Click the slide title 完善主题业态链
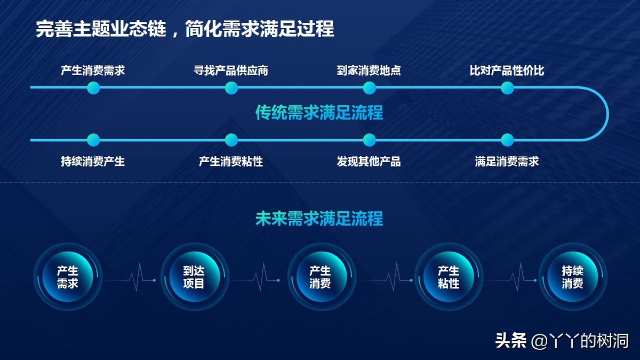(x=101, y=29)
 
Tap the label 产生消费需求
(x=93, y=70)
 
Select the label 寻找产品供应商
(x=231, y=70)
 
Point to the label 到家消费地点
(x=369, y=70)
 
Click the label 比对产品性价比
(x=507, y=70)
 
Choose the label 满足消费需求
(x=507, y=161)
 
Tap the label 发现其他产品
(x=369, y=161)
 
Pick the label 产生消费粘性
(x=231, y=161)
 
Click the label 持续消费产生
(x=93, y=161)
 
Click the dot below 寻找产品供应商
(x=231, y=87)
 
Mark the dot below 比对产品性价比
(x=507, y=87)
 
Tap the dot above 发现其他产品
(x=370, y=140)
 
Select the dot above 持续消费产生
(x=93, y=140)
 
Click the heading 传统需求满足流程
(x=319, y=113)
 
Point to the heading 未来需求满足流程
(x=319, y=219)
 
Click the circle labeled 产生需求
(x=68, y=277)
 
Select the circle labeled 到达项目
(x=195, y=277)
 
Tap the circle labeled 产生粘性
(x=449, y=277)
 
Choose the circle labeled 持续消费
(x=573, y=277)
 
